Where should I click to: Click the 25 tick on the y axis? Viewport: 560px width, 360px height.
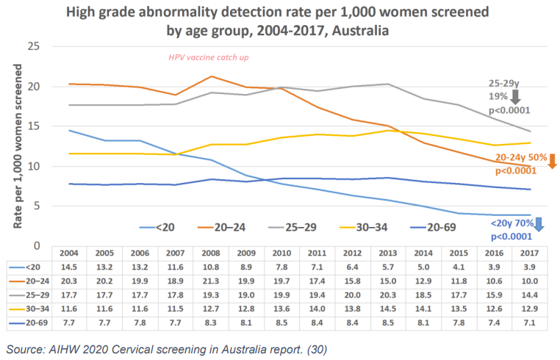click(33, 46)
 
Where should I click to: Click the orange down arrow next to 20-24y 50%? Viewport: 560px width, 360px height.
click(552, 160)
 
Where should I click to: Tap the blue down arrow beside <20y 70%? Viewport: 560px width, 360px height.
click(539, 223)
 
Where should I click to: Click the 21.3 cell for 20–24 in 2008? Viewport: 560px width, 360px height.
click(211, 280)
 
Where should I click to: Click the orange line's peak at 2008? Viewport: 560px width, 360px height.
click(211, 76)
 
